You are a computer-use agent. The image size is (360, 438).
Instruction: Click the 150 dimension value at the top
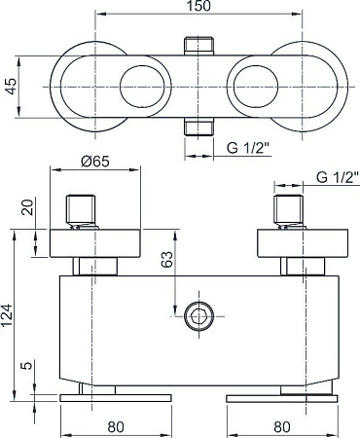[198, 6]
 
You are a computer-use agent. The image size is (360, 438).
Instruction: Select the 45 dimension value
[12, 87]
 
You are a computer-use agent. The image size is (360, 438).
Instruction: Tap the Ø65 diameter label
[95, 162]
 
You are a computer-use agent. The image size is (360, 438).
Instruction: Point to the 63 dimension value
[167, 259]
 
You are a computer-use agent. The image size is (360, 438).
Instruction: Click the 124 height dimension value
[7, 315]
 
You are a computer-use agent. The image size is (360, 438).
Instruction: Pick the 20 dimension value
[27, 207]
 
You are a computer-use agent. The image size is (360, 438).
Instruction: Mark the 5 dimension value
[27, 366]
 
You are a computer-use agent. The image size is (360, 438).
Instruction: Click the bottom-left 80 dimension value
[116, 427]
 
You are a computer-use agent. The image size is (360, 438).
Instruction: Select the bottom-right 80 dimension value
[282, 427]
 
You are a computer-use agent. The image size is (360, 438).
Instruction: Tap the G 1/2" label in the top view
[248, 148]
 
